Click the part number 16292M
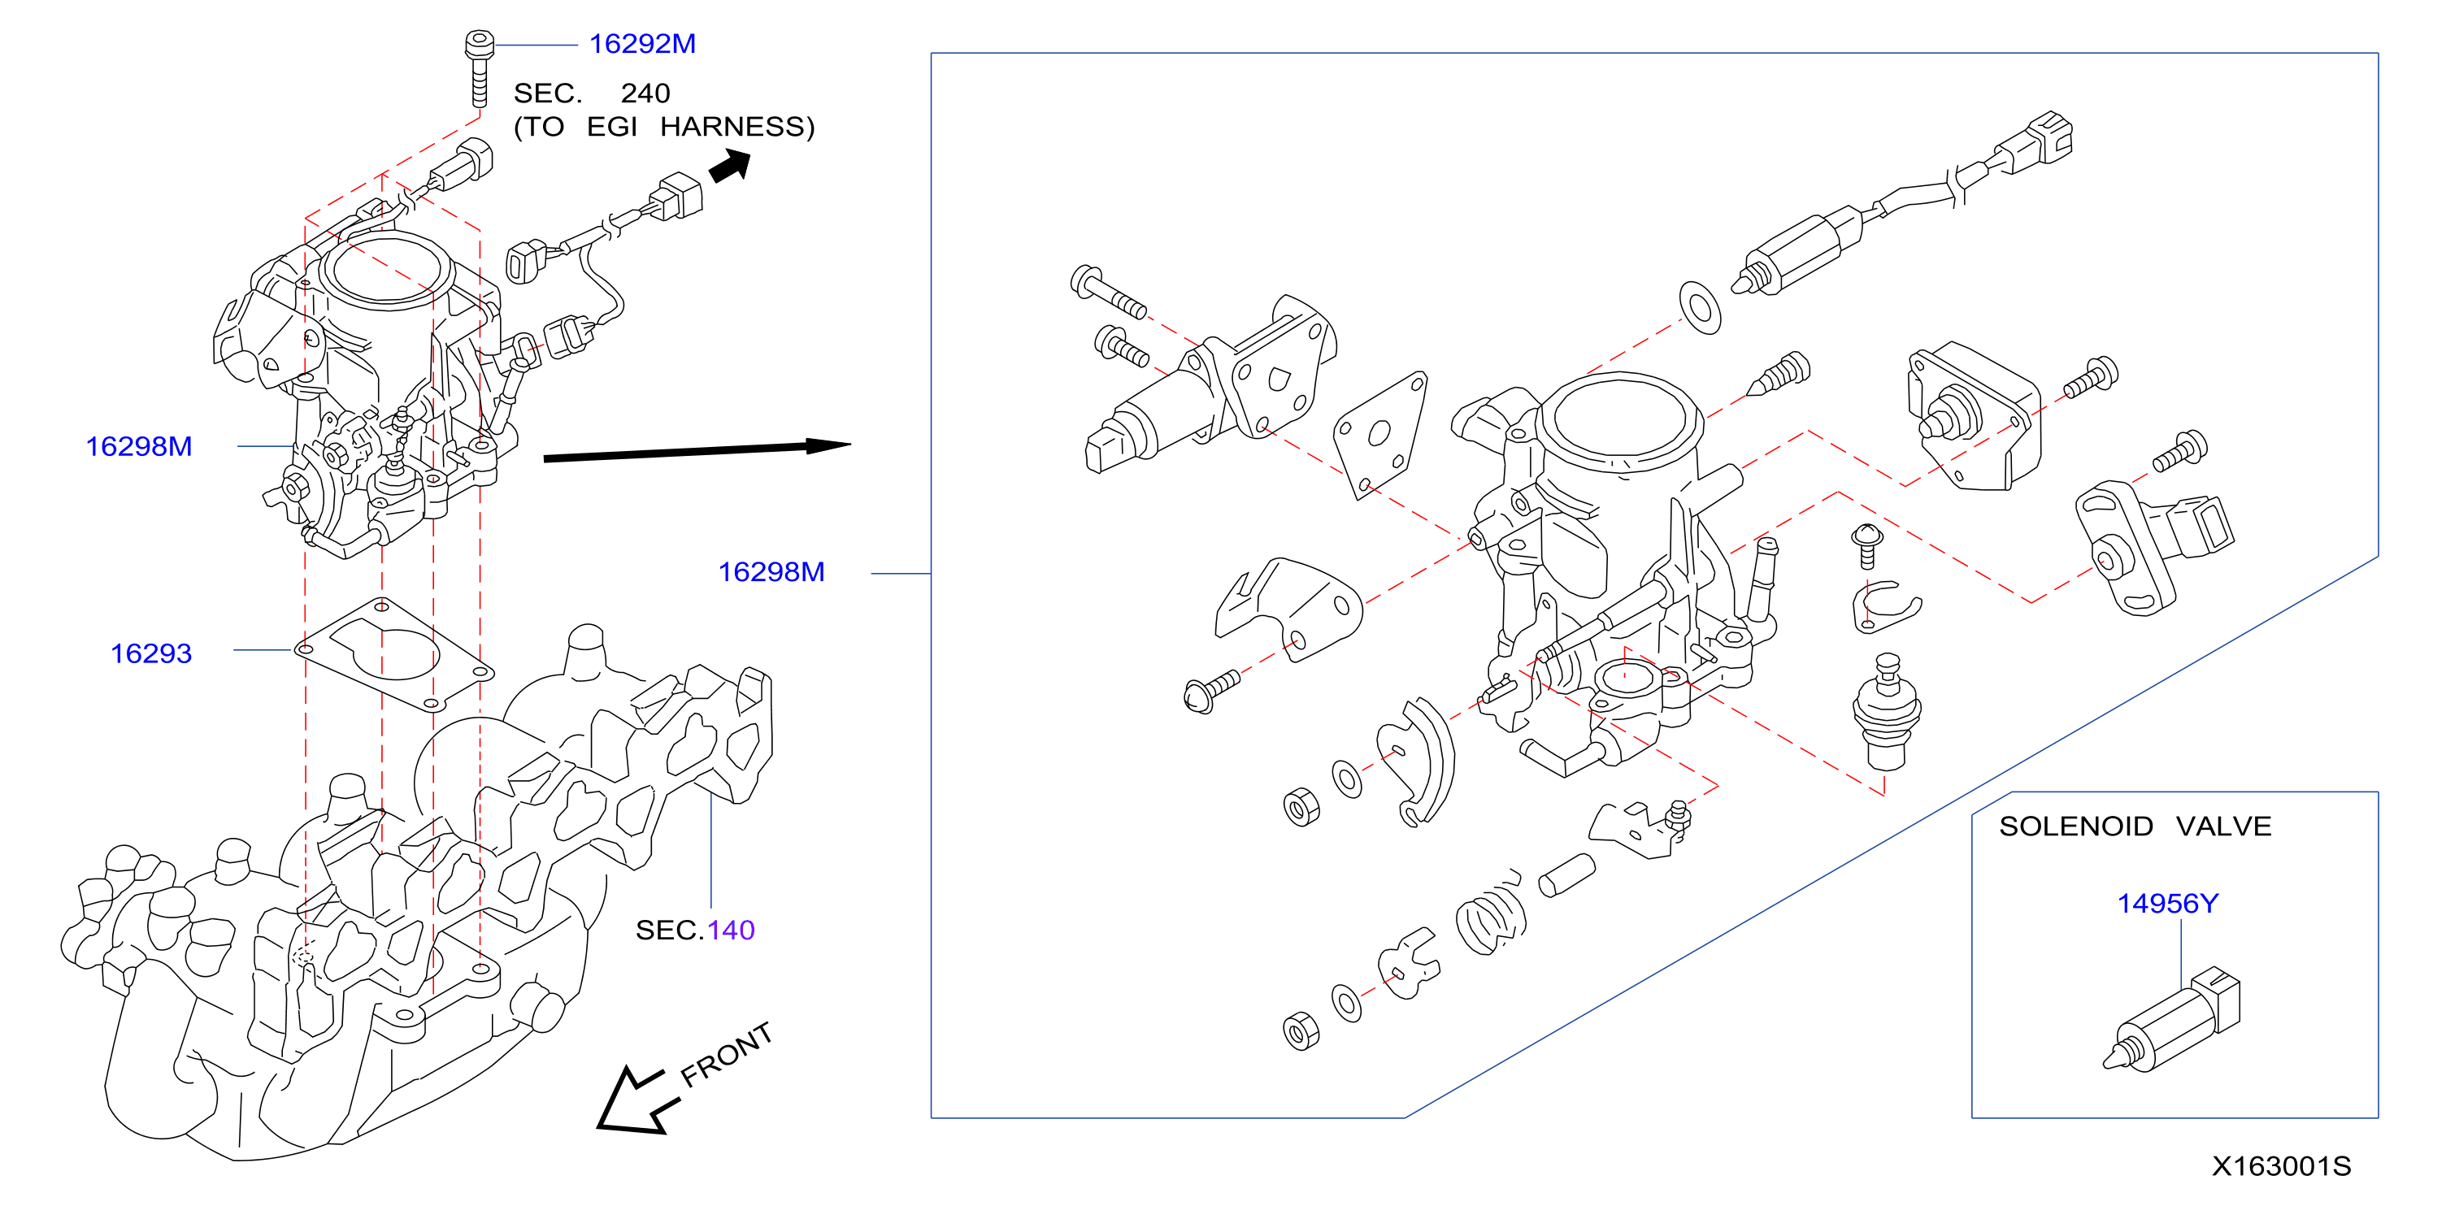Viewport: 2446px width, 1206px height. (642, 44)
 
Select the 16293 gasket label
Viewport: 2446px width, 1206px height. (151, 653)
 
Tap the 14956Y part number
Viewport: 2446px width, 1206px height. (2167, 903)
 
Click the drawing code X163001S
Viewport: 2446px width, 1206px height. (2281, 1166)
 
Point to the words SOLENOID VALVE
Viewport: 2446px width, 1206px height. (2135, 826)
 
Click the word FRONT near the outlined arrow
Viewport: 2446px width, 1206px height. (727, 1054)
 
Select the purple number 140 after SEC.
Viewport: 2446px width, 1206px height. (731, 930)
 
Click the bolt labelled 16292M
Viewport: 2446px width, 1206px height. (480, 68)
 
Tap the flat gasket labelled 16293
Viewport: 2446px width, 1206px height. (394, 654)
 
